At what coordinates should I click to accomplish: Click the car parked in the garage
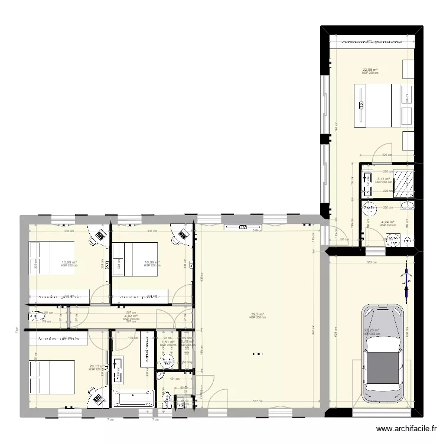(x=383, y=354)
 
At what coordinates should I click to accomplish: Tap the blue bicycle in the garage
(x=405, y=279)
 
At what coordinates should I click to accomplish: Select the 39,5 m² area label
(x=257, y=314)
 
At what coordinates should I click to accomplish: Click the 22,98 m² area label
(x=370, y=70)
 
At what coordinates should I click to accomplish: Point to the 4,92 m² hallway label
(x=131, y=316)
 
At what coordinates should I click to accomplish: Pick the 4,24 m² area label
(x=387, y=222)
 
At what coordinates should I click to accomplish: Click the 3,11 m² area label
(x=383, y=179)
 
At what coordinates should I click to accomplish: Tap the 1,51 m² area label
(x=168, y=342)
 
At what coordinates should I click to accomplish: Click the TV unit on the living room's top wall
(x=243, y=227)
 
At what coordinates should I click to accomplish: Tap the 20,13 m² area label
(x=96, y=366)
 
